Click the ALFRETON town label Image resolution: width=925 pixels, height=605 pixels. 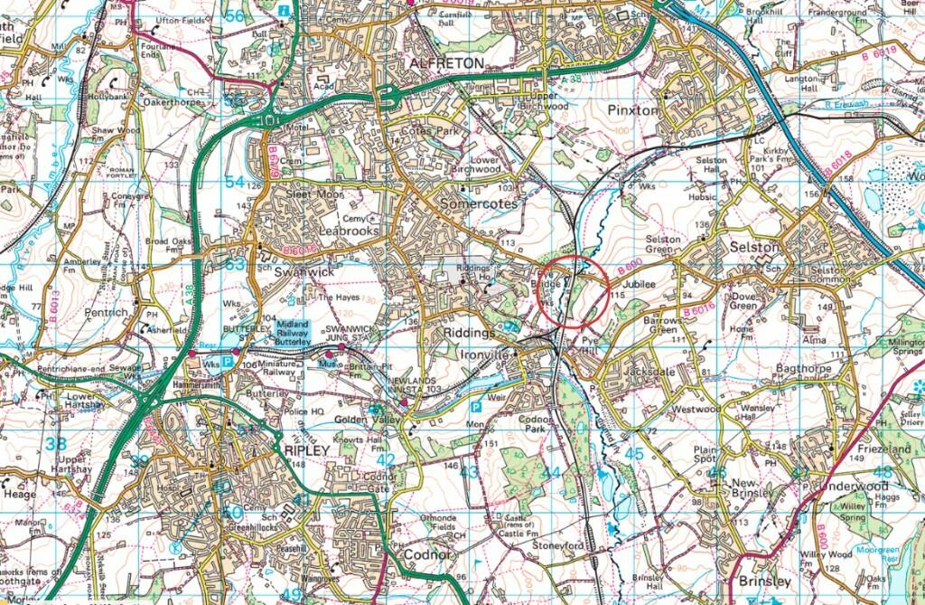click(447, 62)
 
